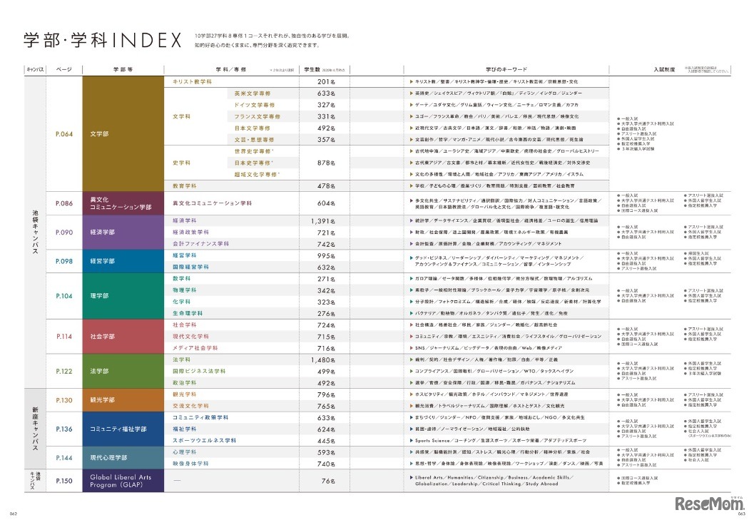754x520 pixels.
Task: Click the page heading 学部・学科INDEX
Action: [103, 41]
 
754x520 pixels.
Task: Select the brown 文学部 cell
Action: [123, 133]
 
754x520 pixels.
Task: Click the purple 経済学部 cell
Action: [123, 233]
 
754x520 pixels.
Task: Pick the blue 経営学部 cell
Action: [123, 261]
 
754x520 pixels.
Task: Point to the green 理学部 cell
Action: [123, 295]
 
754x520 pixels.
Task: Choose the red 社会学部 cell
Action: [123, 336]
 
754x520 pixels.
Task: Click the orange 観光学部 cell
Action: [123, 400]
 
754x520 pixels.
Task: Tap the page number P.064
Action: [64, 133]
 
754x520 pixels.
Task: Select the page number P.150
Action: [64, 481]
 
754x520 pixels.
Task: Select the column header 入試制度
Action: [644, 70]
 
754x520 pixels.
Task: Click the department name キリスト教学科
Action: [193, 81]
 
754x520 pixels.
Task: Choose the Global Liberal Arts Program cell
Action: [123, 481]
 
